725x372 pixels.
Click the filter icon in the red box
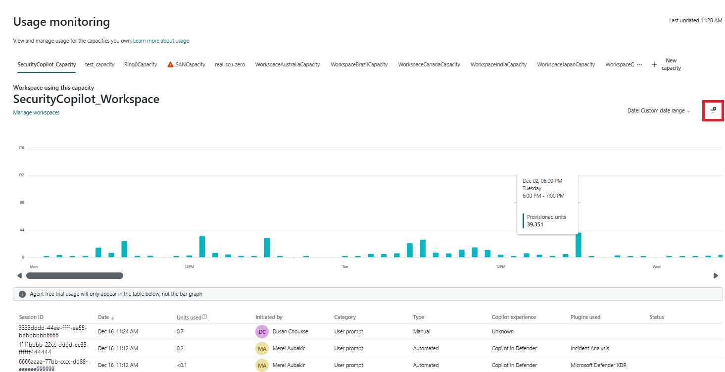713,109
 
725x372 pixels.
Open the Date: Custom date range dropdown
659,111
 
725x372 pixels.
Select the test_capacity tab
99,64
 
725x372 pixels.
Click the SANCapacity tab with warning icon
186,64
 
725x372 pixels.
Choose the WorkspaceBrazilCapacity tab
359,64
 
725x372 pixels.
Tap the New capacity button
667,64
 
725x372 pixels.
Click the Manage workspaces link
36,112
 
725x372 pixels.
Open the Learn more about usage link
161,41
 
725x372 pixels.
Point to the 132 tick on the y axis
21,175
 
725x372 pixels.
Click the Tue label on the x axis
345,266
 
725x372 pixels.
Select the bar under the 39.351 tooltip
579,245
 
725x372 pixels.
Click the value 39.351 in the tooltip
535,224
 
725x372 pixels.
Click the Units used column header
189,317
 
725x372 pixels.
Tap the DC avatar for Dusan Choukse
262,331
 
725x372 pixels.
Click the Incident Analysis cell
589,348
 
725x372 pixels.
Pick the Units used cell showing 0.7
180,331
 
